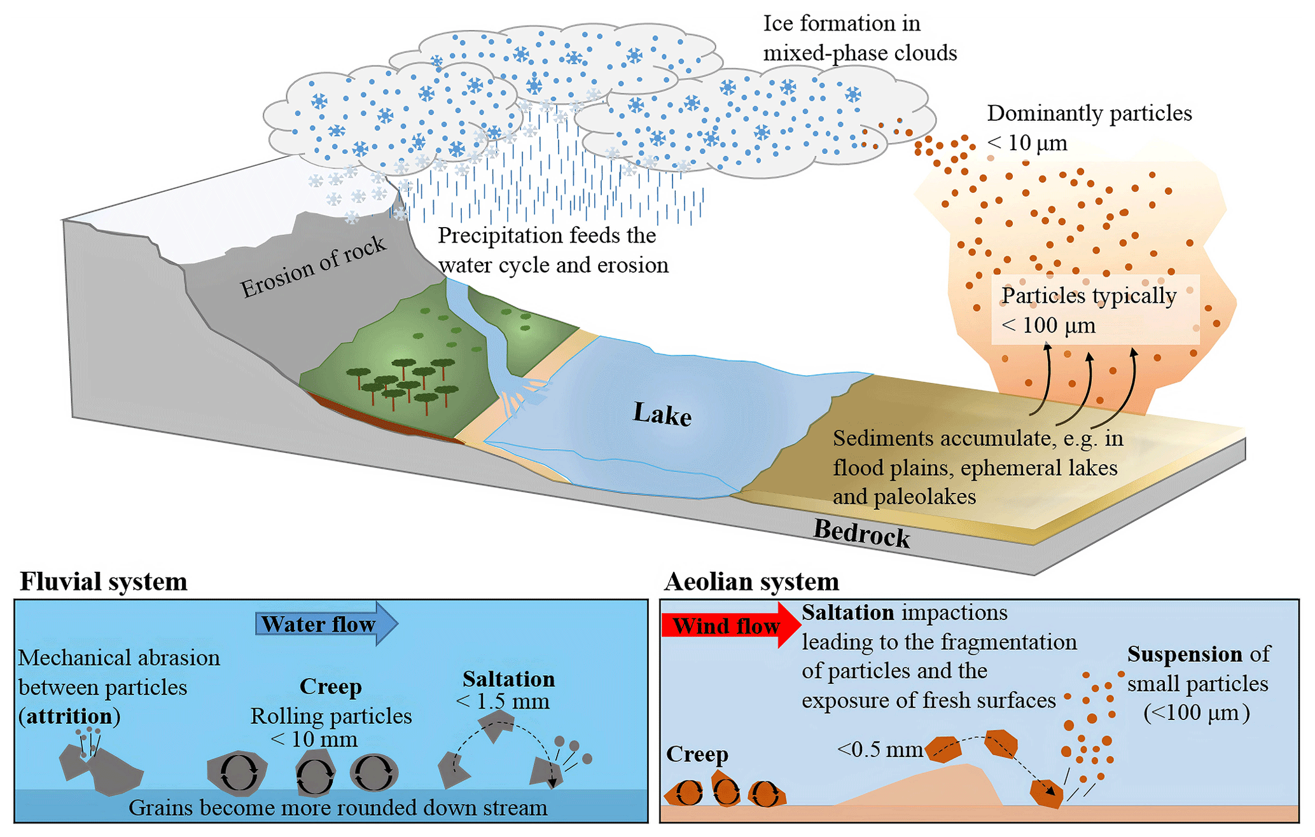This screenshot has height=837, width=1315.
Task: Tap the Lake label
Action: pos(662,414)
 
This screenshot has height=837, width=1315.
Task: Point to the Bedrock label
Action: pos(861,533)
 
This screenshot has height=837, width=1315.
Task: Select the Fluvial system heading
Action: pos(104,581)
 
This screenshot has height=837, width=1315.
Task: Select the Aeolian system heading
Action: pos(751,581)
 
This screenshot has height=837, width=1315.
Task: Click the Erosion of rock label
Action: pos(313,267)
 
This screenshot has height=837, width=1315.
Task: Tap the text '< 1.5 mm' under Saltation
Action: pos(503,702)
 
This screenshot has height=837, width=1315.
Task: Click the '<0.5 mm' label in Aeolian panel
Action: pos(880,749)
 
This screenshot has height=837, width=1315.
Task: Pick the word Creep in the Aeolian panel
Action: pos(697,754)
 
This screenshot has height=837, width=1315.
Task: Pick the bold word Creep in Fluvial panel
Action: pos(330,686)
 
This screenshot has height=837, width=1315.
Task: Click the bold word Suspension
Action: pos(1185,654)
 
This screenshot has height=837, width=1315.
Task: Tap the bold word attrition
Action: pos(69,716)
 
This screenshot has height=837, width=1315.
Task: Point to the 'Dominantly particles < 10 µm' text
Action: pos(1089,128)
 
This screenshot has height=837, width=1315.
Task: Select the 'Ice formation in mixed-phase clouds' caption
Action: pos(859,38)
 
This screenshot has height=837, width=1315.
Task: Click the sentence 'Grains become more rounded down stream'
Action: pos(338,808)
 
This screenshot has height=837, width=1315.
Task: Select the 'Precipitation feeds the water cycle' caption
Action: pos(553,250)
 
